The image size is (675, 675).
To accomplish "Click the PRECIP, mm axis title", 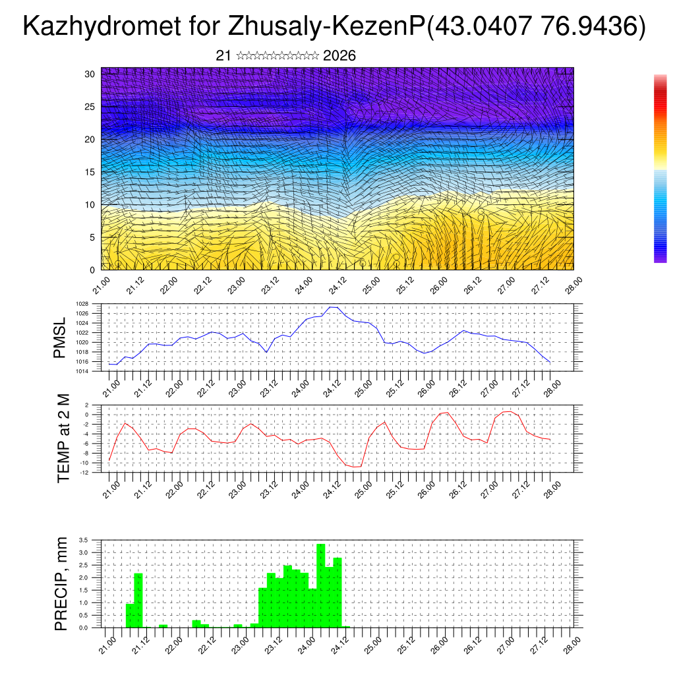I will (x=61, y=584).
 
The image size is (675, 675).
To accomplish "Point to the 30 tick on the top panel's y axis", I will (x=90, y=74).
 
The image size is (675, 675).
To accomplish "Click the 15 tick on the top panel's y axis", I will (x=90, y=172).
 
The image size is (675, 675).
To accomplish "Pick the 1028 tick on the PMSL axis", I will (x=82, y=305).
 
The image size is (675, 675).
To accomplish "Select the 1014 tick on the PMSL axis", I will (x=82, y=371).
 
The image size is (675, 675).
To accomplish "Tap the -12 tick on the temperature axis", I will (x=84, y=472).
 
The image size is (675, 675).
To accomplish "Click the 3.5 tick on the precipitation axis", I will (x=83, y=540).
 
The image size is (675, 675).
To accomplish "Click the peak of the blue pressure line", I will (x=334, y=307).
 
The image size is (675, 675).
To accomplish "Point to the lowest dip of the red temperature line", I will (x=357, y=467).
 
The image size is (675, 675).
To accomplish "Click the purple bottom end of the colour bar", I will (x=660, y=259).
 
